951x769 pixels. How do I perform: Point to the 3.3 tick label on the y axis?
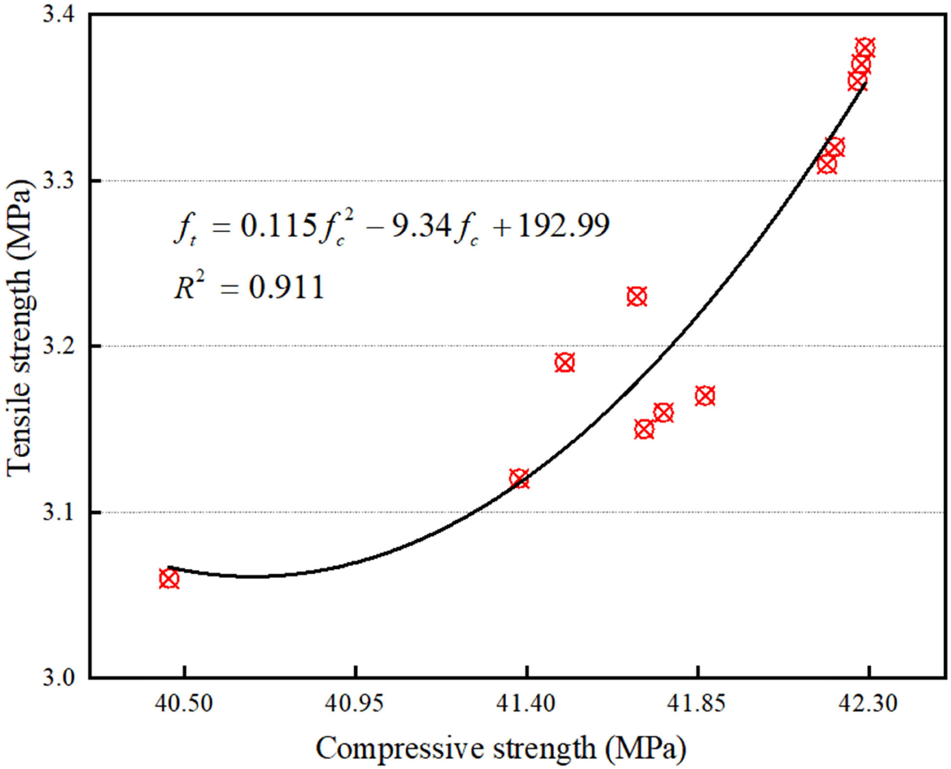[x=58, y=181]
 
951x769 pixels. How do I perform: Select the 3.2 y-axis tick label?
[x=58, y=346]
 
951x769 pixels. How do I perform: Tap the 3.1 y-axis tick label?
[x=58, y=512]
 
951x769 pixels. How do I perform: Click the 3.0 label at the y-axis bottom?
[x=58, y=678]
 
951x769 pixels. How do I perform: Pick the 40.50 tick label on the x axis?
[x=184, y=703]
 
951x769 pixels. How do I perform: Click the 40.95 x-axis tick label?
[x=355, y=703]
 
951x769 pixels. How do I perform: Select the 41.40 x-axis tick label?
[x=526, y=703]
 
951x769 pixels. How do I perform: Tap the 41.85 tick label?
[x=697, y=703]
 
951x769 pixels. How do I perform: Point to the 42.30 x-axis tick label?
[x=868, y=703]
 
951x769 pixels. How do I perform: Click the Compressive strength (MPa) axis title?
[x=501, y=748]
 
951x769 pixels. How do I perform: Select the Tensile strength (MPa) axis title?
[x=20, y=327]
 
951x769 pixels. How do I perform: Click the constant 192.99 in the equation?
[x=563, y=226]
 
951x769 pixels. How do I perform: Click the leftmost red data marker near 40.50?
[x=169, y=579]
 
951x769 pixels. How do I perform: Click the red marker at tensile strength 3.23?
[x=636, y=296]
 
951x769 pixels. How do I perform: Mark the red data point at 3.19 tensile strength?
[x=565, y=363]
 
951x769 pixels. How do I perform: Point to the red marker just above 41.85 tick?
[x=705, y=396]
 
